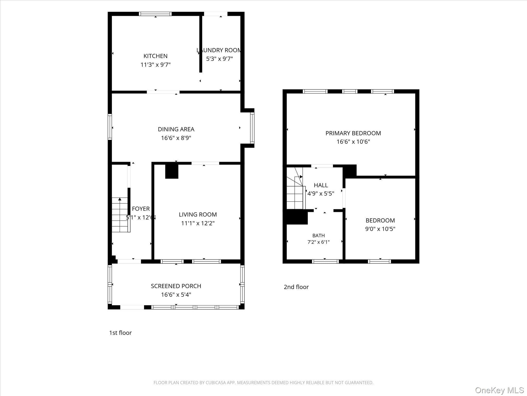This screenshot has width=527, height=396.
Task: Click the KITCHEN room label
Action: pyautogui.click(x=155, y=56)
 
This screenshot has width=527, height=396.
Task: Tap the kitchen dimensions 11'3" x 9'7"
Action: pyautogui.click(x=155, y=64)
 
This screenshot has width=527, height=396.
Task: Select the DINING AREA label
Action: pyautogui.click(x=176, y=129)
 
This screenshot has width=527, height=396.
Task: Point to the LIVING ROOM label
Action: pyautogui.click(x=198, y=214)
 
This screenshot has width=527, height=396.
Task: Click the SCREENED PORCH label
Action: pyautogui.click(x=176, y=286)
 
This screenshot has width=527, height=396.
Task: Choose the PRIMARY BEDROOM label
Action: pyautogui.click(x=353, y=133)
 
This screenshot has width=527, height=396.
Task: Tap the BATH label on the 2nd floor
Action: pyautogui.click(x=319, y=236)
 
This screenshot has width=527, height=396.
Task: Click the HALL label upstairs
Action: pyautogui.click(x=321, y=185)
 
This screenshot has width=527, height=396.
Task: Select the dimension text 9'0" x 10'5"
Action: pyautogui.click(x=380, y=229)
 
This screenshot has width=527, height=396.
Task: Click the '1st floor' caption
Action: pyautogui.click(x=120, y=333)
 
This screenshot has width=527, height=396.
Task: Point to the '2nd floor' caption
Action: pyautogui.click(x=296, y=287)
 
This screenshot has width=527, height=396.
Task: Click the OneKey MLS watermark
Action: pyautogui.click(x=499, y=390)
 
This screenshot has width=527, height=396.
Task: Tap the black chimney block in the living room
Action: pyautogui.click(x=172, y=171)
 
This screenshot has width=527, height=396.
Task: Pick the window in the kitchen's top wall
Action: pyautogui.click(x=155, y=14)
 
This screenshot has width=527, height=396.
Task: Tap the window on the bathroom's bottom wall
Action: pyautogui.click(x=325, y=261)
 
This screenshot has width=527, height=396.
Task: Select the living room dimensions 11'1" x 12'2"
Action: pyautogui.click(x=198, y=223)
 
